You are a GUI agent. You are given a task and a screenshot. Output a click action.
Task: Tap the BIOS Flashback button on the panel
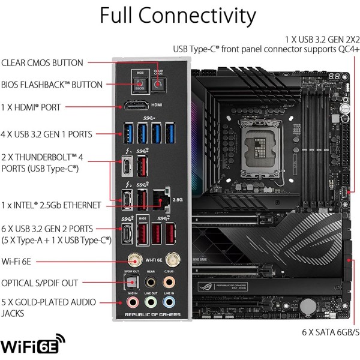[139, 84]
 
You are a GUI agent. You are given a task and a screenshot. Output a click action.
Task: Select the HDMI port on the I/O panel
[136, 107]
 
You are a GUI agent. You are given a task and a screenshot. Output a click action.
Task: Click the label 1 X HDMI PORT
[31, 107]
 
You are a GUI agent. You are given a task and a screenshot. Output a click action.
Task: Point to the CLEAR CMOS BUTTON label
[43, 62]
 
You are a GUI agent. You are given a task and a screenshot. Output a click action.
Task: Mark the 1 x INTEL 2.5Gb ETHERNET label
[52, 205]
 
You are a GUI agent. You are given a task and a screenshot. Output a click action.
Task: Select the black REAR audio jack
[152, 282]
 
